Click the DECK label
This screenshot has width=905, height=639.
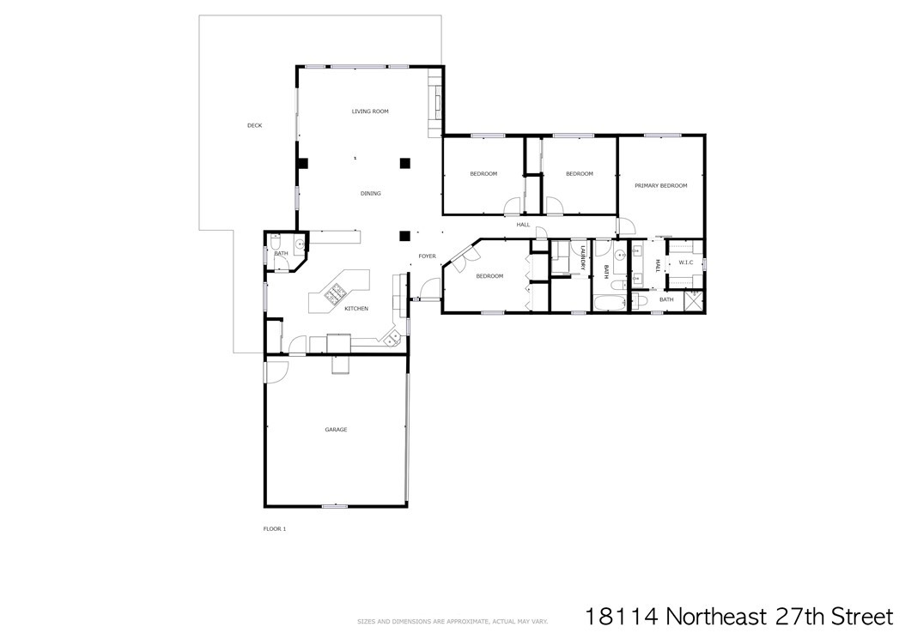254,125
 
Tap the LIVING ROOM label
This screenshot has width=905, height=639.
370,112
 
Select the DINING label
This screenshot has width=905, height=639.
371,193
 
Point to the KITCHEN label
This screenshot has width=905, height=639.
356,309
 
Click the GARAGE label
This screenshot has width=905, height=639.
336,430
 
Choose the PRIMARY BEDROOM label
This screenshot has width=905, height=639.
661,186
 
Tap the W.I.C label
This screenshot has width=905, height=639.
686,262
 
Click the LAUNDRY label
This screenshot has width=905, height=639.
583,258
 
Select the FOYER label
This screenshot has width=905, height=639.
427,256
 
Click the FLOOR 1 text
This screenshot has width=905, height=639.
274,529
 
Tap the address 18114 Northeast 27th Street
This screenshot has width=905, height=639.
739,616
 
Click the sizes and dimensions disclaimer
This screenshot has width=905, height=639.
452,622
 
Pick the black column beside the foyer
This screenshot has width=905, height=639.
405,235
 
